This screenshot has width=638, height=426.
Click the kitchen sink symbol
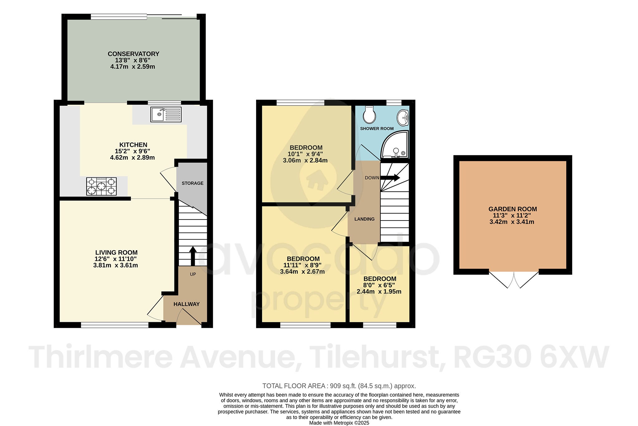pos(166,114)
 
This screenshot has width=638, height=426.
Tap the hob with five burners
pos(101,186)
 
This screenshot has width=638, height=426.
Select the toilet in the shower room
pos(369,115)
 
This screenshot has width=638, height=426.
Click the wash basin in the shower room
pos(403,118)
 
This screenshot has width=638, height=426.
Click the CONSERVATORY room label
pos(133,54)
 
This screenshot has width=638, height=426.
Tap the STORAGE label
pos(193,183)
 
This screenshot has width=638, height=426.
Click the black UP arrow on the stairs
pos(193,256)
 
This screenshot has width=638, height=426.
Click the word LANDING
pos(364,219)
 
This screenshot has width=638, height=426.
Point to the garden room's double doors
pos(514,279)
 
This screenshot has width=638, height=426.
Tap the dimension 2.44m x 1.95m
pos(379,292)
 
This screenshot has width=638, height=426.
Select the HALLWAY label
pos(186,304)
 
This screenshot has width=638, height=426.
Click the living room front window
pos(115,325)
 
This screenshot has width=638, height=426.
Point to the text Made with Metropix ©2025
pos(339,423)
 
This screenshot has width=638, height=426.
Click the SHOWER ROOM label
pos(377,128)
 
